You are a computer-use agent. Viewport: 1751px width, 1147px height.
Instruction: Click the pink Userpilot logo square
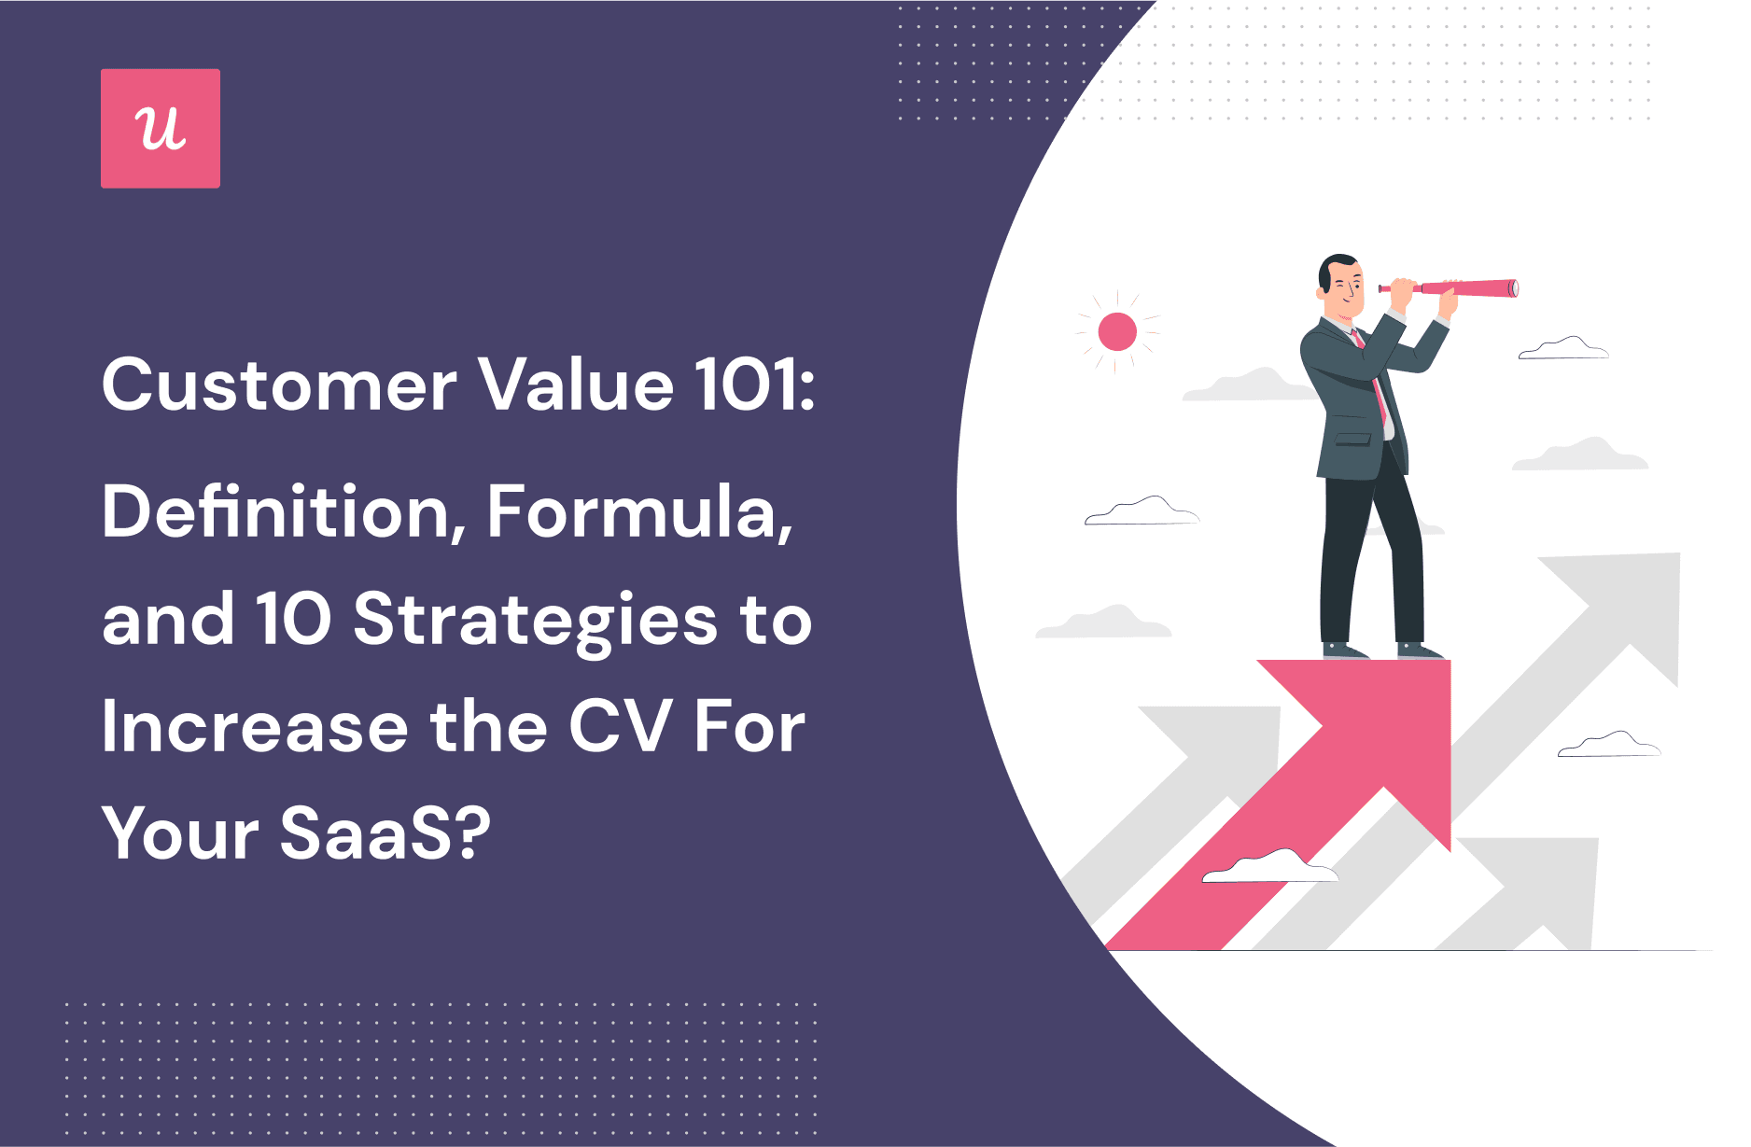point(161,129)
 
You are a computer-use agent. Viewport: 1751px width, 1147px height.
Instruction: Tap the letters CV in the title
point(620,727)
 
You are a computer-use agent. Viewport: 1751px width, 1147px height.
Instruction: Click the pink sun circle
point(1117,331)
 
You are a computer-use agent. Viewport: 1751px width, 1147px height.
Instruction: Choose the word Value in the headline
point(576,385)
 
